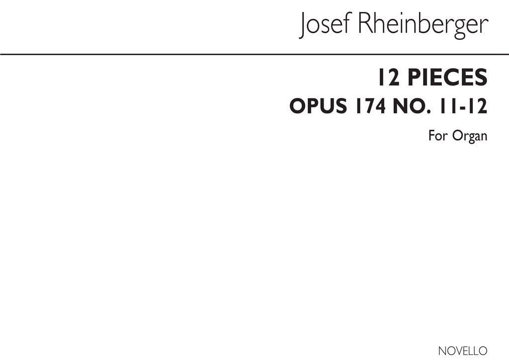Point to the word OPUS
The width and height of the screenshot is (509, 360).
pyautogui.click(x=318, y=106)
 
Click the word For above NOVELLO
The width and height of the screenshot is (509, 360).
pyautogui.click(x=438, y=135)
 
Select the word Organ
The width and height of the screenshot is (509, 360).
pyautogui.click(x=470, y=136)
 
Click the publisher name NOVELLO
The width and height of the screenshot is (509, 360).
pyautogui.click(x=463, y=351)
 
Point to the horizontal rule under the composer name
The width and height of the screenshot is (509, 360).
pyautogui.click(x=254, y=55)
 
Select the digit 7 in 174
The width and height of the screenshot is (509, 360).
pyautogui.click(x=370, y=106)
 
